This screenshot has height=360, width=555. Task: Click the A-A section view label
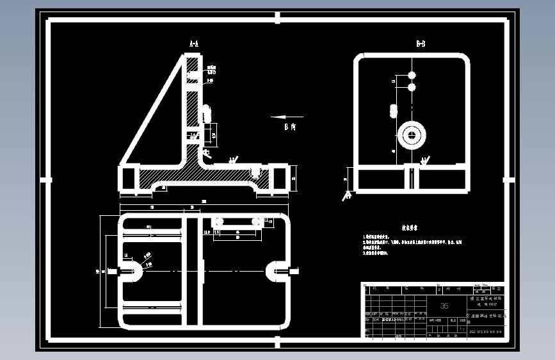point(194,44)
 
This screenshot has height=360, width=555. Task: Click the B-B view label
point(421,44)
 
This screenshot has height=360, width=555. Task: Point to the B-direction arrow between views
point(286,117)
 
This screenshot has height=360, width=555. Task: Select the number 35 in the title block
point(444,306)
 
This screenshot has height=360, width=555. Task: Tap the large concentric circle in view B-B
point(412,135)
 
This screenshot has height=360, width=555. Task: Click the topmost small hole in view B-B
point(412,76)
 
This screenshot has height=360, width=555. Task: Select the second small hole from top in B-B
point(412,86)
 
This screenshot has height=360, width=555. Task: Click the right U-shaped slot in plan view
point(275,272)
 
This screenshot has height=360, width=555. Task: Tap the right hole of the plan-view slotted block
point(256,221)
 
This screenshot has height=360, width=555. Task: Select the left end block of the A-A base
point(129,177)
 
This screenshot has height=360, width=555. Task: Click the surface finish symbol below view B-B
point(348,195)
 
